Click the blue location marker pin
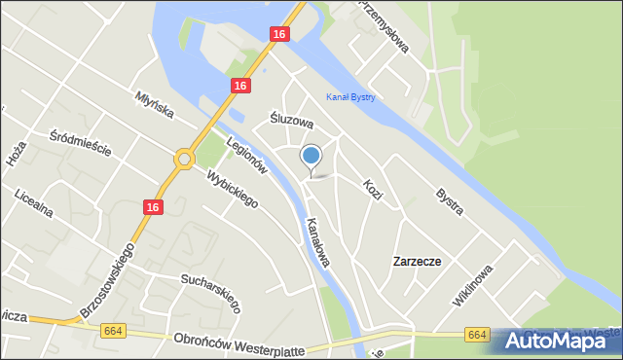[x=311, y=156]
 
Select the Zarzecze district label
[x=417, y=262]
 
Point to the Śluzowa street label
[x=291, y=122]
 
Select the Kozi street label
[x=372, y=189]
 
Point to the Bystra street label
[x=449, y=201]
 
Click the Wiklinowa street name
[x=473, y=285]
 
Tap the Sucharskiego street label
[x=211, y=292]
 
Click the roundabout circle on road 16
[x=184, y=158]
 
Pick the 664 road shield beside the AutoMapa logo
[x=476, y=335]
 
